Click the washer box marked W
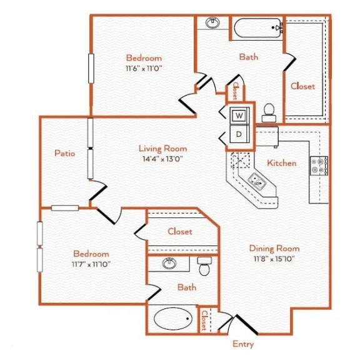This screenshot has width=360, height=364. pos(239,116)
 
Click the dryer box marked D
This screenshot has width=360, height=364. pos(239,134)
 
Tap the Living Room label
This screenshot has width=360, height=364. pos(162,149)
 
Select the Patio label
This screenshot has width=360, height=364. pos(64,152)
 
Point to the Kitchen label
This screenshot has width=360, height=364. pos(282,163)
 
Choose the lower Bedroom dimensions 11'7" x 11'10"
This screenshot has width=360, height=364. pos(91,265)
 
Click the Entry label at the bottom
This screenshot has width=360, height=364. pos(242,344)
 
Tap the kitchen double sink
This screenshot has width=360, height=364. pos(257,182)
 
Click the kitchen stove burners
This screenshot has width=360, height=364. pos(323,165)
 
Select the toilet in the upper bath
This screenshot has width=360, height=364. pos(269,112)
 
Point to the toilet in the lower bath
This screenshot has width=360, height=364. pos(204,267)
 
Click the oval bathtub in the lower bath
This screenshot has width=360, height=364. pos(172,318)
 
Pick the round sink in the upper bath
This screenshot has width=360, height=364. pos(213,24)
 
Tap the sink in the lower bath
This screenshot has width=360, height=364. pos(169,263)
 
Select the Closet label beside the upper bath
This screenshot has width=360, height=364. pos(302,86)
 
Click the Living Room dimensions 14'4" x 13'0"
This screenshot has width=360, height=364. pos(162,159)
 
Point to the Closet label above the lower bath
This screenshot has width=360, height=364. pos(180,232)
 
